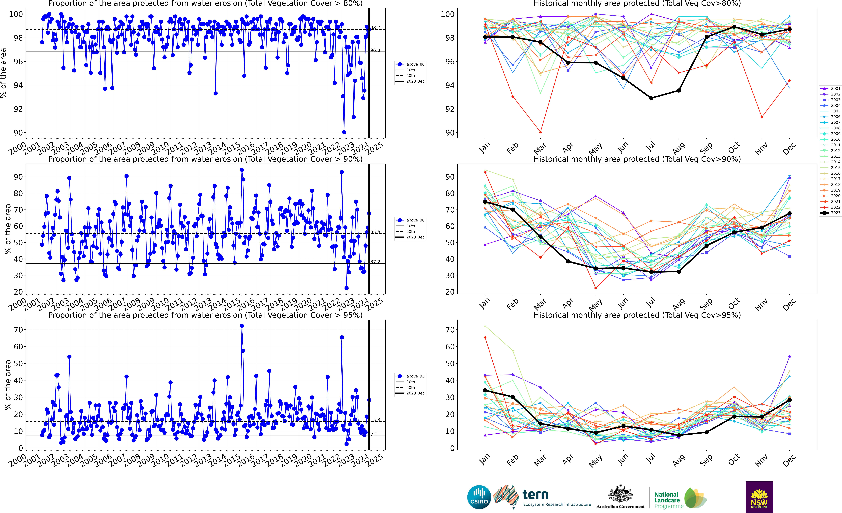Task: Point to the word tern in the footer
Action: click(535, 495)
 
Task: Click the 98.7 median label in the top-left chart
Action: click(375, 28)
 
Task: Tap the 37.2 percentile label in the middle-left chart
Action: click(375, 262)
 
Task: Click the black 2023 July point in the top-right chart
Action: click(651, 98)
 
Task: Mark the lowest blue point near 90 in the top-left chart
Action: click(344, 132)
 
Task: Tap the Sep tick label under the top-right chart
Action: click(706, 148)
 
